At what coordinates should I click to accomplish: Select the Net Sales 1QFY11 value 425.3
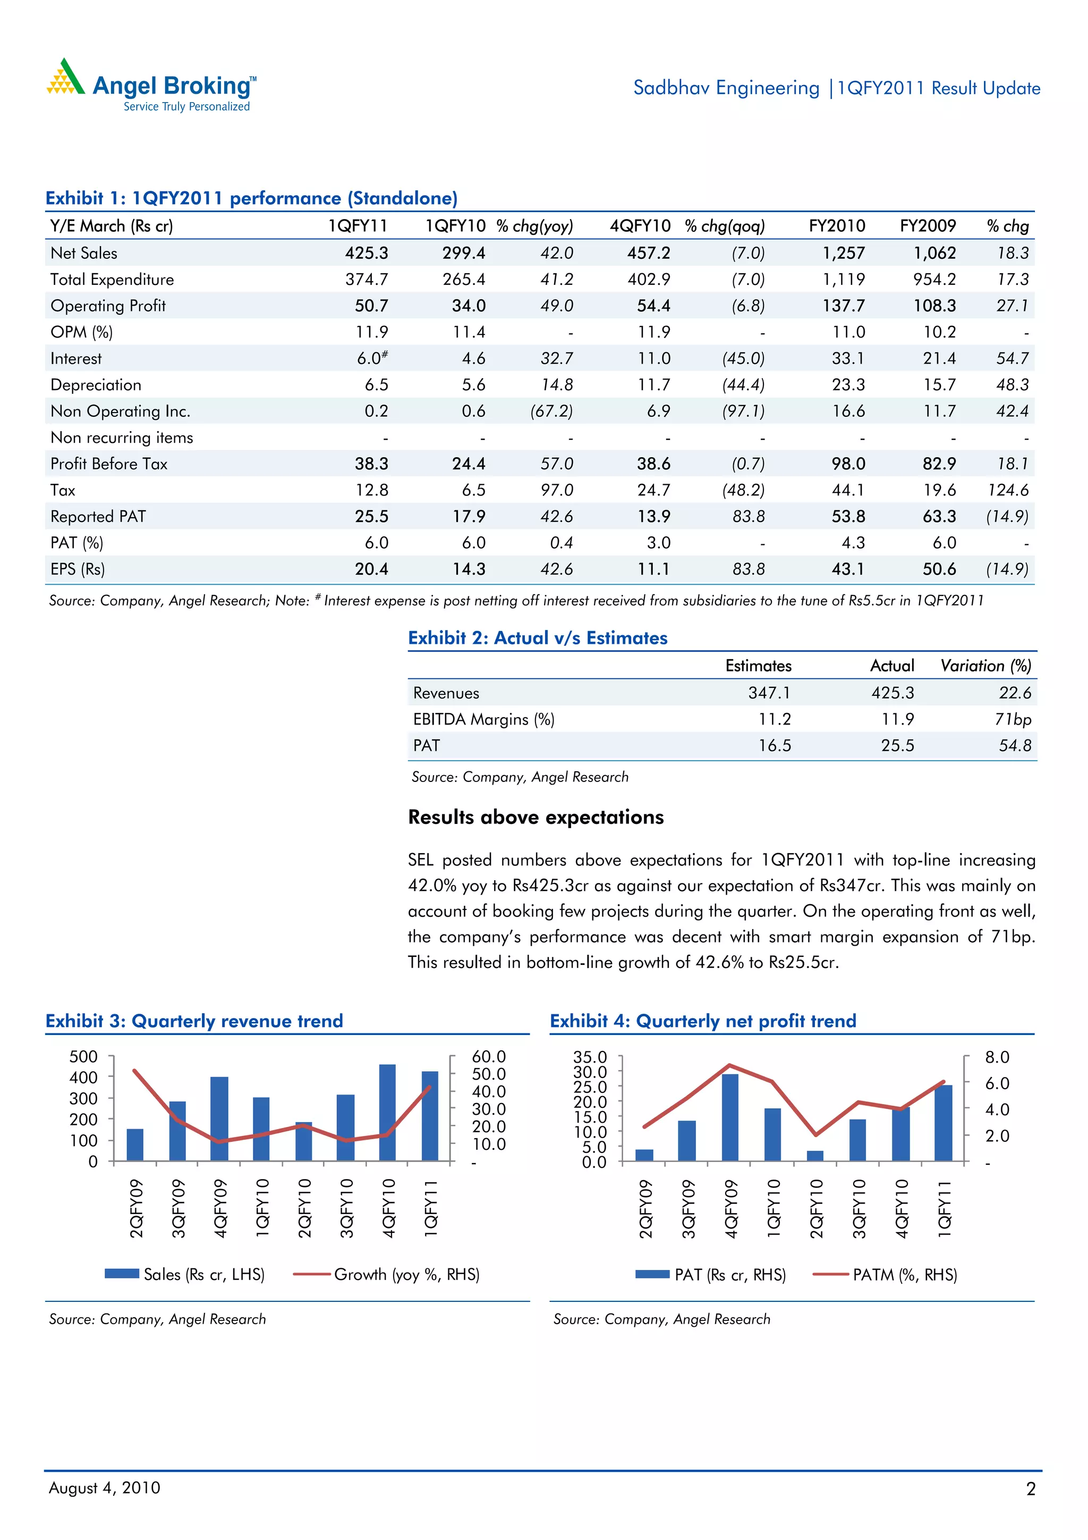pos(366,253)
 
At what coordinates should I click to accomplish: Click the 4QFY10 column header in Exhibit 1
pos(640,226)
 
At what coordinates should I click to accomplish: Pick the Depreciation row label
pos(96,385)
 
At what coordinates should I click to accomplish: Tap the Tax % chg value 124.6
pos(1008,490)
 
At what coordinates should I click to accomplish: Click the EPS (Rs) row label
pos(78,569)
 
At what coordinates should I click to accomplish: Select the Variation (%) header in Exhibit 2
pos(985,666)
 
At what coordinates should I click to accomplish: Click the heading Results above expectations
pos(535,817)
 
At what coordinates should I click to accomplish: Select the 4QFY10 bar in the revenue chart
pos(387,1112)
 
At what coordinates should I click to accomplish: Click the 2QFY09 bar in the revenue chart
pos(135,1145)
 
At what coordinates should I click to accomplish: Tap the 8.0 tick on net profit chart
pos(997,1057)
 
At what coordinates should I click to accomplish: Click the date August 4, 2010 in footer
pos(105,1488)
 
